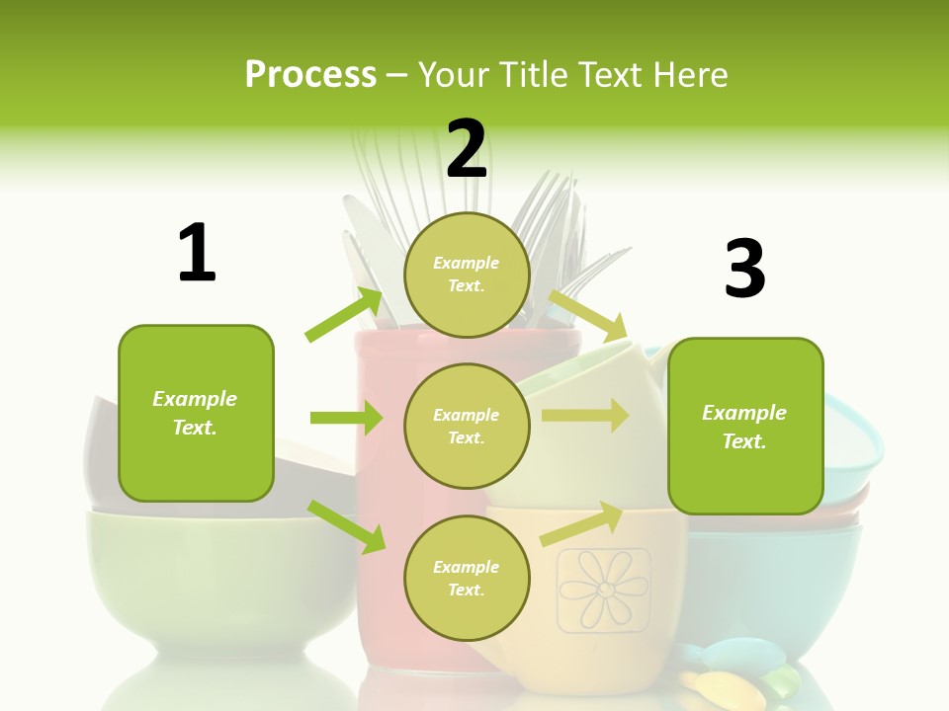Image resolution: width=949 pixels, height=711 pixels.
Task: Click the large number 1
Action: click(x=197, y=253)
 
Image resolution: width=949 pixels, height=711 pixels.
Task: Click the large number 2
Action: click(x=467, y=150)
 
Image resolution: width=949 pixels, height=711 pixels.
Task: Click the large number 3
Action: click(x=744, y=269)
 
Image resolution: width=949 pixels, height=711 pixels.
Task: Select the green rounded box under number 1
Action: click(x=196, y=413)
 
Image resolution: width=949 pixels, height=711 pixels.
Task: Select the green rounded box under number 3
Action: click(x=745, y=426)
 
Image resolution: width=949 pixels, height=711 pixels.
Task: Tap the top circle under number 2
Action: click(x=467, y=275)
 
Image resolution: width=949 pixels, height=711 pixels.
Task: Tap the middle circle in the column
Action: click(x=467, y=426)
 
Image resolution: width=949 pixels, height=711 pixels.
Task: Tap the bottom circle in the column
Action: click(x=467, y=578)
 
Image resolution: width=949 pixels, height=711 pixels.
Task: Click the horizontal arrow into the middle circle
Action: click(x=347, y=418)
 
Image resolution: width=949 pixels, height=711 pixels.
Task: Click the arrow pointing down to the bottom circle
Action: click(x=347, y=525)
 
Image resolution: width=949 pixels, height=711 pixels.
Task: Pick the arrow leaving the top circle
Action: click(x=589, y=314)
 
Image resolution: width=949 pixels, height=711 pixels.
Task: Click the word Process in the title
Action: click(x=310, y=74)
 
